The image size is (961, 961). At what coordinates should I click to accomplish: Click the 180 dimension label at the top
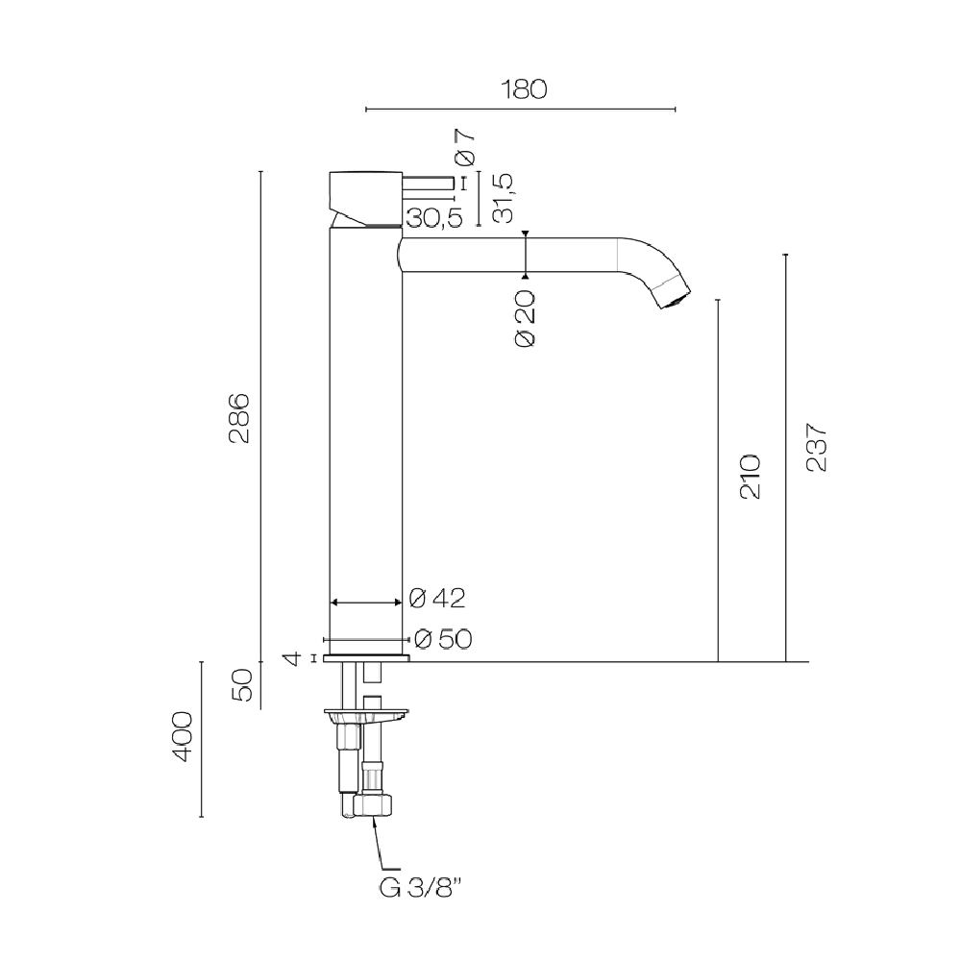(x=524, y=89)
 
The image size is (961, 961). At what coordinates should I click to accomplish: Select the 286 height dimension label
(x=238, y=418)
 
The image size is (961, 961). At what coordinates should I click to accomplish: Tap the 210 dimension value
(x=751, y=477)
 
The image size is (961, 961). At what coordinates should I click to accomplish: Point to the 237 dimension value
(x=816, y=447)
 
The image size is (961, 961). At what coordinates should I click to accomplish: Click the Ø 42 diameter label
(x=437, y=598)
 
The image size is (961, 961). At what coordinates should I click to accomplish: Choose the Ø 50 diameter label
(x=443, y=639)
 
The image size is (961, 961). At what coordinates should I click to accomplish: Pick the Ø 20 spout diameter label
(x=526, y=318)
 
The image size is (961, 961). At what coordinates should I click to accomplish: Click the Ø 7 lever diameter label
(x=464, y=147)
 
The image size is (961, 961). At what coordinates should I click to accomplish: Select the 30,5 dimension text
(x=434, y=217)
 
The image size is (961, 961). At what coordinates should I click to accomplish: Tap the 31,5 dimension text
(x=503, y=198)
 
